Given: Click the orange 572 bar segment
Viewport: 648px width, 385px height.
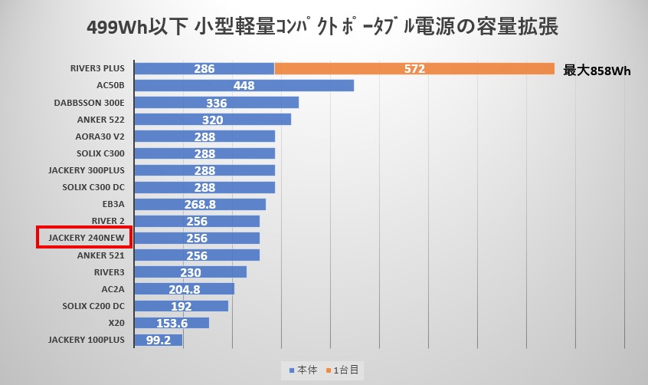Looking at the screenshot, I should (414, 69).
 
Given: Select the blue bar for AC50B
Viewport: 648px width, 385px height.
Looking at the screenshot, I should (244, 86).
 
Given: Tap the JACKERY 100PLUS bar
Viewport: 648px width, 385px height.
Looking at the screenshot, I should (158, 340).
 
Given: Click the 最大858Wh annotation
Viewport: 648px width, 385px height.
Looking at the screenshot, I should (597, 71).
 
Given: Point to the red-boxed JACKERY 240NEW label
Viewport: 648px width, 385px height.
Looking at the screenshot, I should (84, 238).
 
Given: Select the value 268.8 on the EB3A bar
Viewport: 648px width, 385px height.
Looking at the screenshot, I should (200, 205).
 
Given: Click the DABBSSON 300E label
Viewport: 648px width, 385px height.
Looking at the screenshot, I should (90, 103).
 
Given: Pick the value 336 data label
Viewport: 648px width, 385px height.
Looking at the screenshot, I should (217, 103).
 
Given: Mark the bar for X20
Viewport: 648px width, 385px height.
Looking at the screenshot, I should (172, 323).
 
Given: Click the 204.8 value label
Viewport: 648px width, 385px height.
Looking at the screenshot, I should (184, 289).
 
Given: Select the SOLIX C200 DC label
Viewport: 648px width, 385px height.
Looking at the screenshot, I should (93, 305).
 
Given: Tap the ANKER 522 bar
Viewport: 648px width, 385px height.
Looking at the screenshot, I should (212, 120).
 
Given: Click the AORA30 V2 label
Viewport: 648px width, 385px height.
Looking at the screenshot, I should (100, 137).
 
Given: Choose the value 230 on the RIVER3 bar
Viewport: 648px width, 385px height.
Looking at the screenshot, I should (190, 272).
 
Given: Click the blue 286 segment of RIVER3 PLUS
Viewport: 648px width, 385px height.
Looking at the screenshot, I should (204, 69).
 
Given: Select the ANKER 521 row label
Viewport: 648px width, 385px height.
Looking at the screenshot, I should (101, 255).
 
